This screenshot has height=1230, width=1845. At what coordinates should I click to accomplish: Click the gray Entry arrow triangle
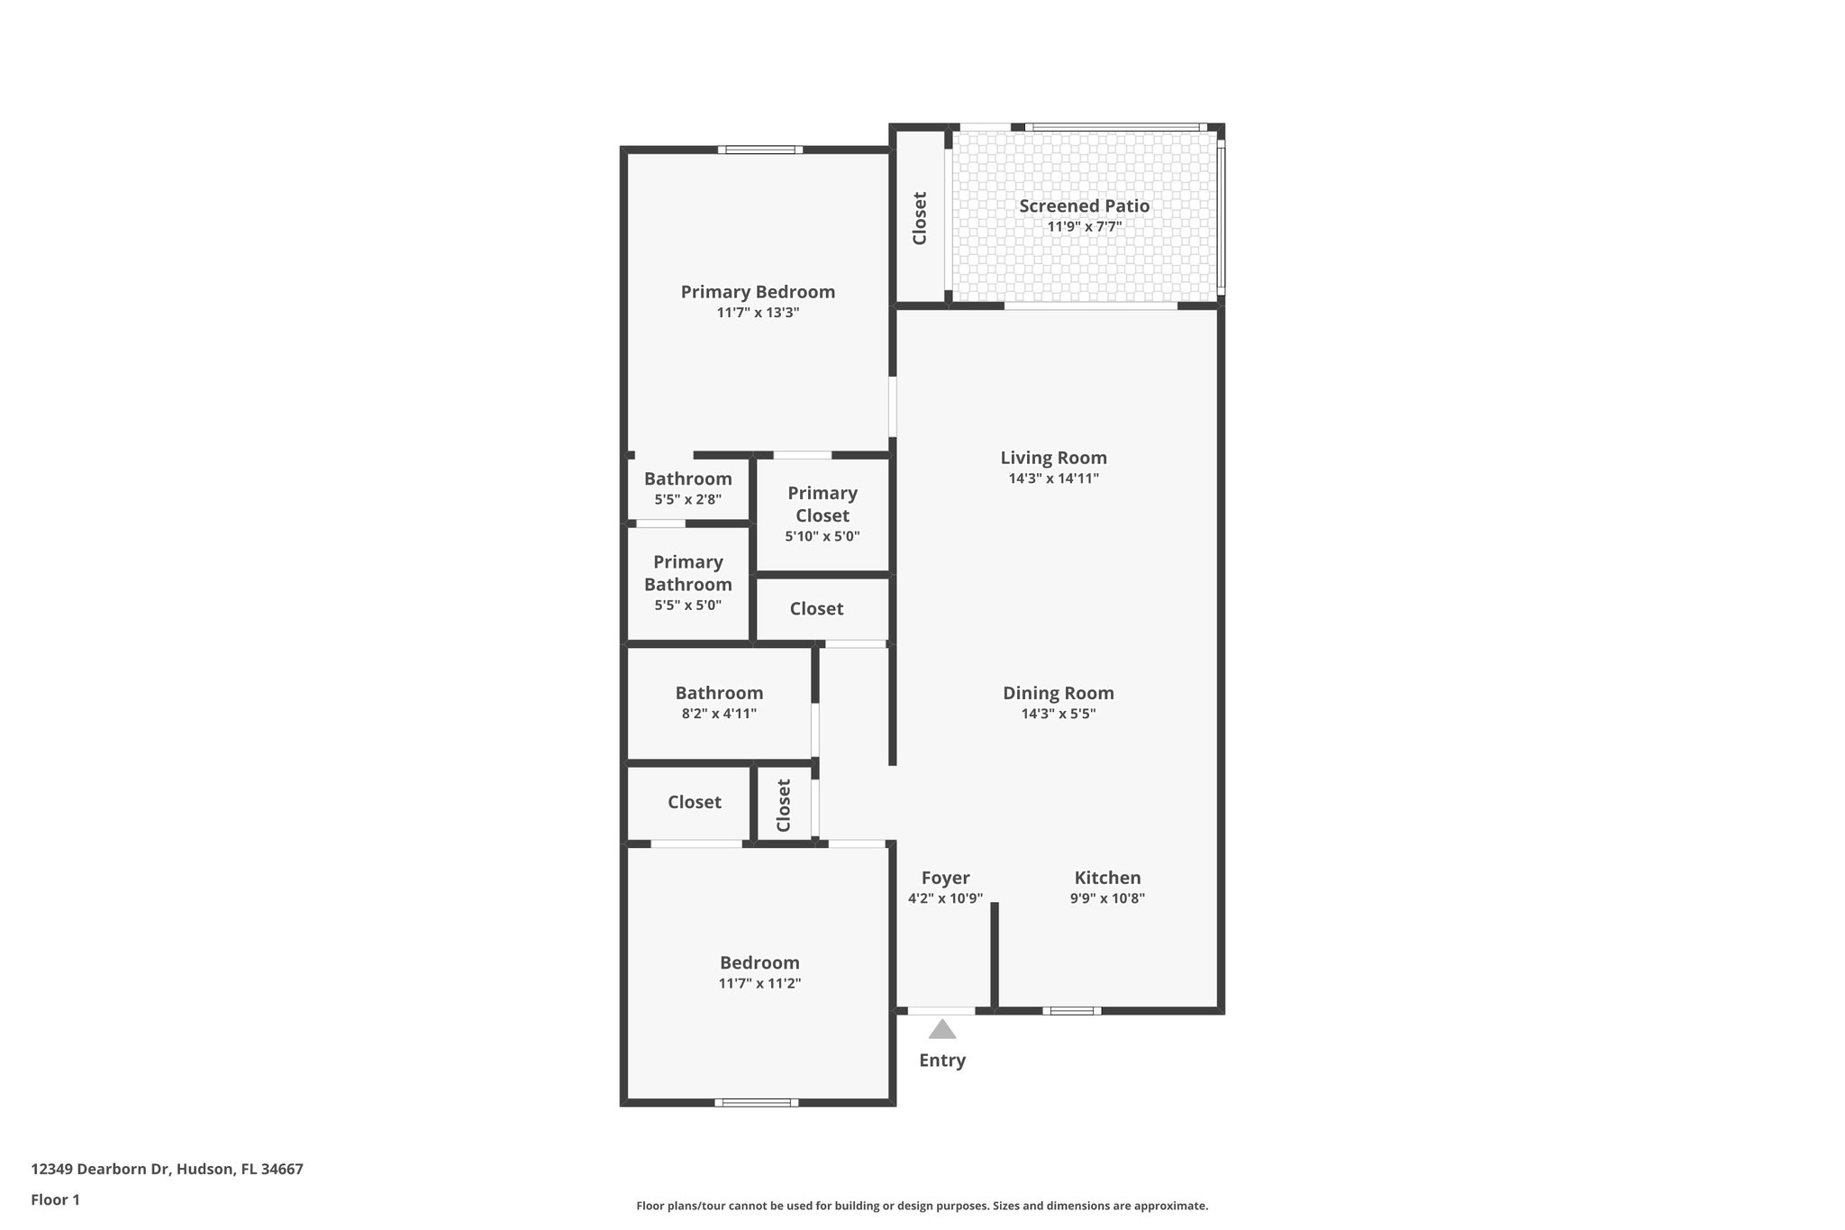click(x=942, y=1029)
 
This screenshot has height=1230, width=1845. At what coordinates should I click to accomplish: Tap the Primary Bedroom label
click(x=758, y=292)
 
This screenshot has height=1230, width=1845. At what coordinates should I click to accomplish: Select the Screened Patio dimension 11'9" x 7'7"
click(x=1084, y=227)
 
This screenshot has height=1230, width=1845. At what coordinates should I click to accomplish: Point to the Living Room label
click(x=1053, y=458)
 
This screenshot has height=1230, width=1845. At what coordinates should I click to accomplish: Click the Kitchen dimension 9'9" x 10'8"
click(x=1107, y=898)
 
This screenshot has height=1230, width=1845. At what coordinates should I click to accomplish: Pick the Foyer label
click(x=945, y=878)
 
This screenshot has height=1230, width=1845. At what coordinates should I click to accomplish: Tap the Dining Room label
click(x=1058, y=693)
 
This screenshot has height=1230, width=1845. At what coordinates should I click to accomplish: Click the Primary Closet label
click(x=822, y=505)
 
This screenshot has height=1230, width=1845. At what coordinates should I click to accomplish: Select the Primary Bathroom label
click(x=687, y=573)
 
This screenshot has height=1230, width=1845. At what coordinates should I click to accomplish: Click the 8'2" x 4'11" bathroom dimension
click(x=719, y=714)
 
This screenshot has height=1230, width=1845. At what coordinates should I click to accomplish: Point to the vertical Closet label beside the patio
click(x=920, y=218)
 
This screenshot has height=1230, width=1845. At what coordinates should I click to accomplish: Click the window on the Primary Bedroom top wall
click(x=760, y=150)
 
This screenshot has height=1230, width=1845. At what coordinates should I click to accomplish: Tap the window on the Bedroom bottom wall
click(x=756, y=1102)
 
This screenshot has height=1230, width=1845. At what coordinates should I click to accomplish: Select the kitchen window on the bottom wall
click(x=1071, y=1011)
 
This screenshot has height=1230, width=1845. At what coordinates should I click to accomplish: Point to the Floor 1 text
click(x=55, y=1199)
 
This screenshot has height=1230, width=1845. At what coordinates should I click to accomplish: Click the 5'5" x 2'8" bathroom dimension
click(x=687, y=499)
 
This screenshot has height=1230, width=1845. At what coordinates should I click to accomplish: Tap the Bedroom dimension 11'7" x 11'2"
click(x=759, y=983)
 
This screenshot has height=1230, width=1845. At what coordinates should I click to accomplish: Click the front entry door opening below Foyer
click(x=941, y=1011)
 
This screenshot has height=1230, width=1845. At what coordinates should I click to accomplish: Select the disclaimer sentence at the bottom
click(x=922, y=1206)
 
